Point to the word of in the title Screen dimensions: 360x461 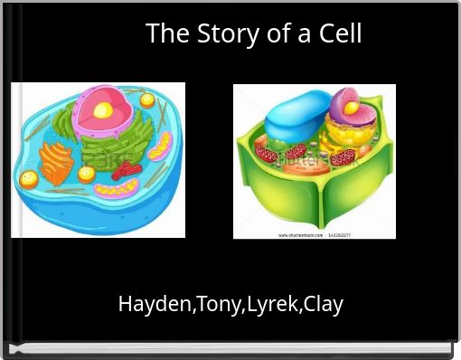(x=278, y=33)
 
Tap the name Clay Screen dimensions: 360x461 (x=324, y=304)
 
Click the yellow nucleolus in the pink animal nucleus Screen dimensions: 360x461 (x=104, y=110)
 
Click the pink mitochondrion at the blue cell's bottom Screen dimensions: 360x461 (x=118, y=189)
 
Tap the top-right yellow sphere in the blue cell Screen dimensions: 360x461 (x=146, y=100)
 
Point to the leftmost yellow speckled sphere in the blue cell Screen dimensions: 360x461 (x=29, y=176)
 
